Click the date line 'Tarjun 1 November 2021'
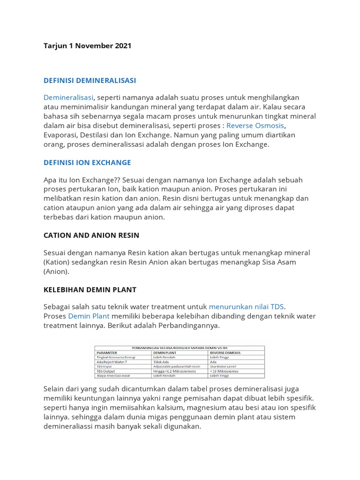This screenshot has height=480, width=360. coord(87,46)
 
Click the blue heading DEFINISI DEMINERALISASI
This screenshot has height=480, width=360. coord(90,81)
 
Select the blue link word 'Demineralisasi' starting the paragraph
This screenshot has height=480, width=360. coord(68,97)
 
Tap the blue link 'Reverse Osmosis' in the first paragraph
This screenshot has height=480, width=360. coord(255,126)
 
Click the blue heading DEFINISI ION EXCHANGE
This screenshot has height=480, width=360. coord(87,163)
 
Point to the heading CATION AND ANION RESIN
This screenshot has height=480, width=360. coord(91,235)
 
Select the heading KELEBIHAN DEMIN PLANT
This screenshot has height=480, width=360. coord(90,290)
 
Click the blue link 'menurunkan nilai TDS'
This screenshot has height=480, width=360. coord(247,307)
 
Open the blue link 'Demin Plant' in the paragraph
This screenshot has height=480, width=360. coord(89,316)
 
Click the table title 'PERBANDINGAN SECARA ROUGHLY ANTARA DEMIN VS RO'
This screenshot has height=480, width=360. coord(180,347)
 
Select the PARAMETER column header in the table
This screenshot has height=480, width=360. coord(106,352)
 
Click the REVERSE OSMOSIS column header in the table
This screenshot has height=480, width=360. coord(227,352)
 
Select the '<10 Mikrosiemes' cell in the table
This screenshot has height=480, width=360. coord(224,371)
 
